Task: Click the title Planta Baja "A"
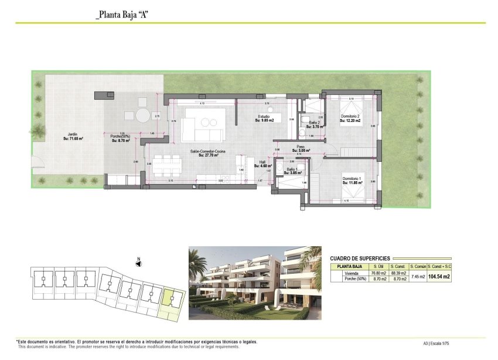point(122,15)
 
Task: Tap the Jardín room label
point(73,137)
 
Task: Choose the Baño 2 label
point(314,124)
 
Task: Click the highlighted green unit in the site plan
point(172,300)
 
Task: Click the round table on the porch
point(143,116)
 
